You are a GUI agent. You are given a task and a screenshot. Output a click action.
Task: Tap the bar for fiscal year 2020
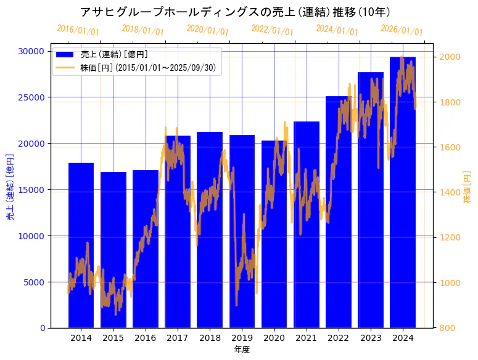[x=274, y=234]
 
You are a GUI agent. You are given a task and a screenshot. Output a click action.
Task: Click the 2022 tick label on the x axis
[x=339, y=338]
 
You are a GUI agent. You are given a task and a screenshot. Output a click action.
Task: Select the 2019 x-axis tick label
[x=242, y=338]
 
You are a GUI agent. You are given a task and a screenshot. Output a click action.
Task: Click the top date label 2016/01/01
[x=78, y=30]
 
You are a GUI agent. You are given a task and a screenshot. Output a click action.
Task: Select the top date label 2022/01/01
[x=272, y=30]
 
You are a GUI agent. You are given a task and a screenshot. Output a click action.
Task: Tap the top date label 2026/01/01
[x=402, y=30]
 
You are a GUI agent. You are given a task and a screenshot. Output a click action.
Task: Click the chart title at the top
[x=239, y=12]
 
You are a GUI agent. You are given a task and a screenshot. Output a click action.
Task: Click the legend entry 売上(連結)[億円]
[x=114, y=54]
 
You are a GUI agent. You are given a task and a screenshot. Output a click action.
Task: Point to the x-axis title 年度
[x=242, y=350]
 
